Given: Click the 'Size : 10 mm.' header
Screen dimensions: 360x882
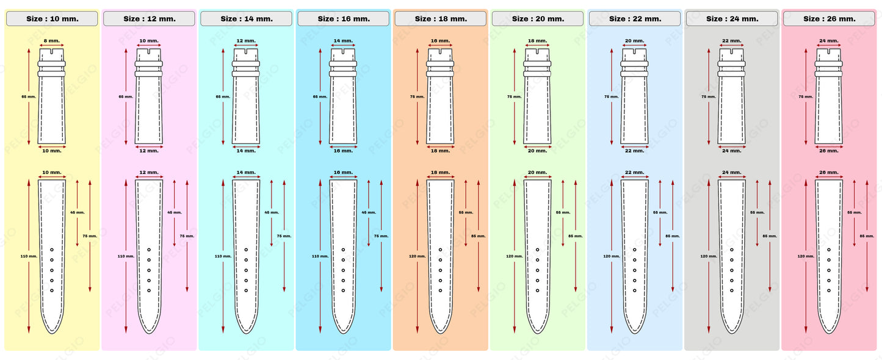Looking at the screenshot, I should tap(52, 19).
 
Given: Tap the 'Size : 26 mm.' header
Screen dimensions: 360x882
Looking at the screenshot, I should tap(829, 19).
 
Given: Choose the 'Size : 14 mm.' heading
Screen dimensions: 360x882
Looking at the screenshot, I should tap(246, 19).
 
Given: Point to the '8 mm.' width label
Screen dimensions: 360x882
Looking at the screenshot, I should tap(52, 41).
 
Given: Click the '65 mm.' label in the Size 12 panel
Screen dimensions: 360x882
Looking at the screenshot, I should tap(125, 96).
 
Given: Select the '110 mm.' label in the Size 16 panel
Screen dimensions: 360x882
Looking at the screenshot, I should tap(320, 256).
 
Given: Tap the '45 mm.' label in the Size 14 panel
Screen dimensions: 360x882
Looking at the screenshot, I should tap(271, 212).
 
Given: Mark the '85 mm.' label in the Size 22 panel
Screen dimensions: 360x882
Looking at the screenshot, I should tap(672, 236).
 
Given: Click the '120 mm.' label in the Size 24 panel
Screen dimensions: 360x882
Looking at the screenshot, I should tap(708, 256).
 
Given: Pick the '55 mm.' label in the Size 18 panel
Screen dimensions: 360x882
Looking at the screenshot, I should tap(466, 212).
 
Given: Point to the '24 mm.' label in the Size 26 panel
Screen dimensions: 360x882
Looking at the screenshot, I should tap(828, 41).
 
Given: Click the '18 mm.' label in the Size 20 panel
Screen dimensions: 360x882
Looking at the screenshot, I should tap(537, 41).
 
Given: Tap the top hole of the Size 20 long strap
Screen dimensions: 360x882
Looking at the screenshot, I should tap(537, 250).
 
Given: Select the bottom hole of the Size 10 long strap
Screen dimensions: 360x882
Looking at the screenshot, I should tap(52, 290).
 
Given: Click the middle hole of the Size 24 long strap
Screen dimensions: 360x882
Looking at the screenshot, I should tap(731, 270).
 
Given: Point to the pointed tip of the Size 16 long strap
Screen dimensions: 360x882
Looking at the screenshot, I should tap(343, 332).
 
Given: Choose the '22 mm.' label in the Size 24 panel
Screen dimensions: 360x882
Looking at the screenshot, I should tap(731, 41).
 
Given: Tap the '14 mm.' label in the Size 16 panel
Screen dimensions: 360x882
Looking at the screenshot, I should tap(343, 41).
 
